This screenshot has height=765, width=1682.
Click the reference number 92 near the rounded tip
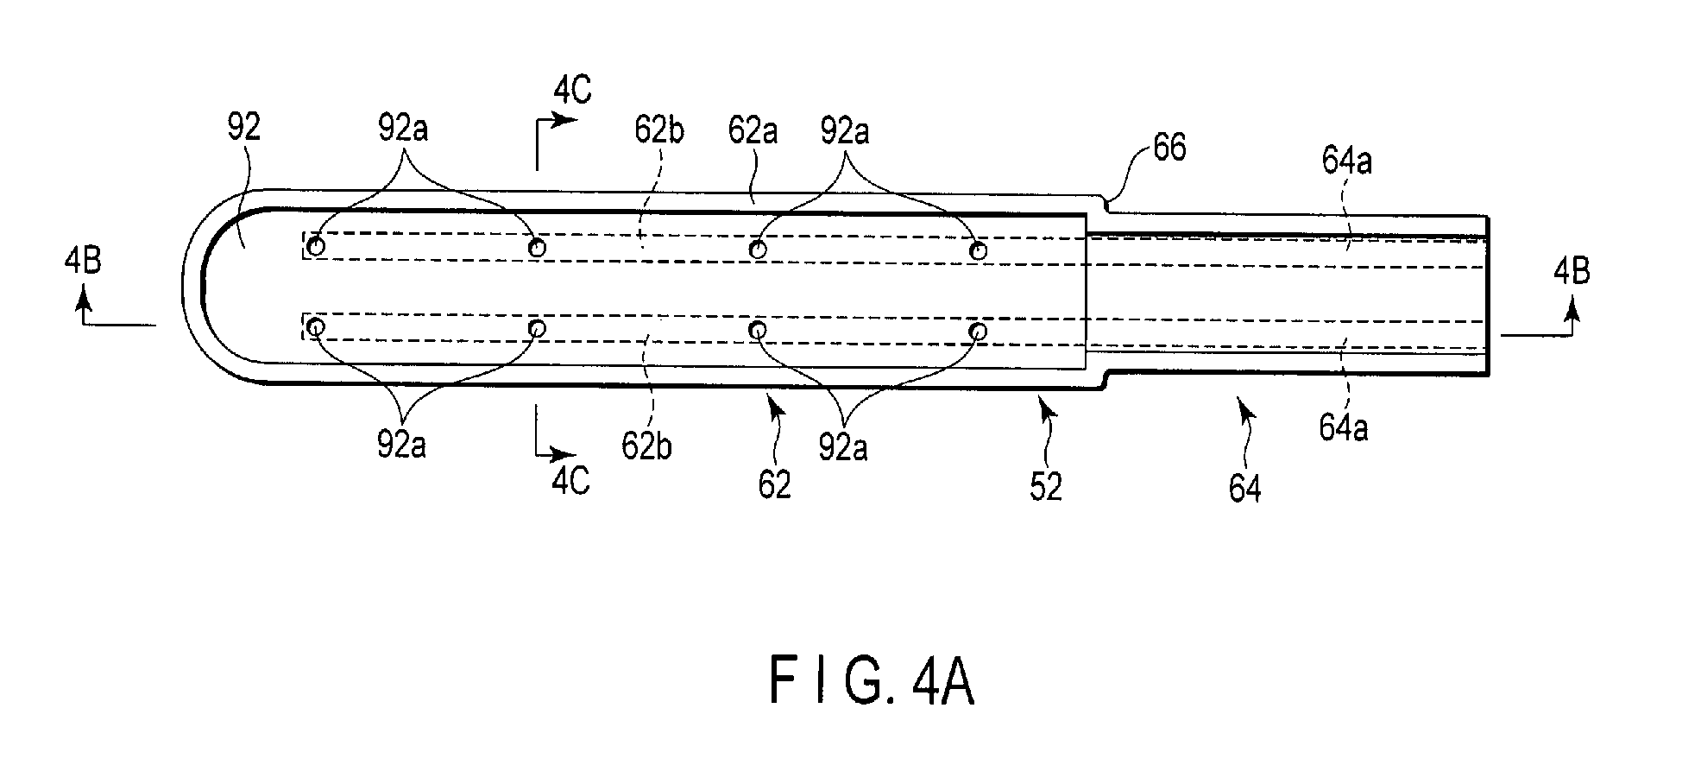click(244, 129)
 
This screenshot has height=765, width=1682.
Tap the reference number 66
click(1169, 149)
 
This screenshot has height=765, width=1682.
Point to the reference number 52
click(1045, 488)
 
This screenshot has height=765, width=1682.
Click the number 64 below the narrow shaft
click(1244, 489)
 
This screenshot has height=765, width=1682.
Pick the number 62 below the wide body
click(774, 485)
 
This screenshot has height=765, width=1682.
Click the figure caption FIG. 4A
click(872, 683)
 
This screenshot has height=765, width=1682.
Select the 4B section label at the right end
click(1572, 271)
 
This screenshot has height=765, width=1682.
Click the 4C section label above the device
click(573, 90)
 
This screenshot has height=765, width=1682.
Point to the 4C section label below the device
click(571, 480)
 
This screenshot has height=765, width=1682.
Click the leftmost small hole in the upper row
click(317, 247)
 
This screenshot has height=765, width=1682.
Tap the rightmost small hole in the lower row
click(978, 331)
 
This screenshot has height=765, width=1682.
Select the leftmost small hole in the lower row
click(317, 327)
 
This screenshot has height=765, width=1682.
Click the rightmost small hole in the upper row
click(978, 250)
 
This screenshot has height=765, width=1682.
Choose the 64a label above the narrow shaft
click(1346, 161)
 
